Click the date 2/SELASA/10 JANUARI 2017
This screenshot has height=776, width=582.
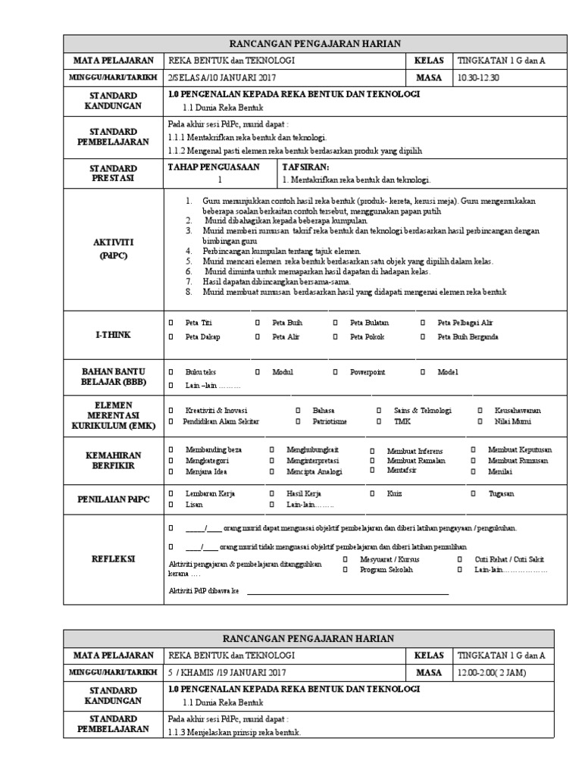pyautogui.click(x=216, y=77)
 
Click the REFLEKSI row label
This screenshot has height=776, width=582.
pyautogui.click(x=114, y=559)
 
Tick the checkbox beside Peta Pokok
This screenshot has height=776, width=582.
pyautogui.click(x=335, y=337)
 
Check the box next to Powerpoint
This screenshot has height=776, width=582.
pyautogui.click(x=335, y=372)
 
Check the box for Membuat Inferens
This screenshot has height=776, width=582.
pyautogui.click(x=372, y=451)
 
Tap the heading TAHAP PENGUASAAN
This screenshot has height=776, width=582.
pyautogui.click(x=213, y=166)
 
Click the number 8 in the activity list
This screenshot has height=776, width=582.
pyautogui.click(x=188, y=292)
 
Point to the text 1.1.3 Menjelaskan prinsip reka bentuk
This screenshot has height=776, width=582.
pyautogui.click(x=234, y=733)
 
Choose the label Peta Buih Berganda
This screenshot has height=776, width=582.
pyautogui.click(x=468, y=337)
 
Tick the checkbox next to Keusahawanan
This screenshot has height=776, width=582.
pyautogui.click(x=480, y=410)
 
